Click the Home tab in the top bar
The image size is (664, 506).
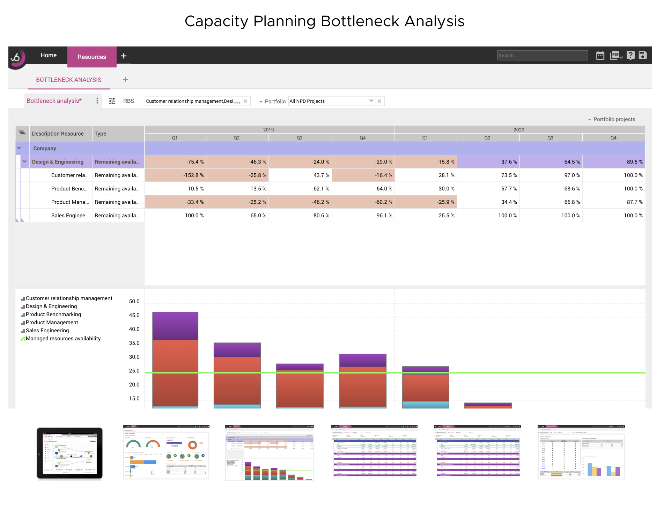click(49, 55)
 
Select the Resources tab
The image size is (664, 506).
click(92, 57)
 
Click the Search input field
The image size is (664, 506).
click(542, 55)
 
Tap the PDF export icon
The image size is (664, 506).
click(615, 55)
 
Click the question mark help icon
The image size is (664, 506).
click(630, 55)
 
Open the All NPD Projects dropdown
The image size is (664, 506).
click(331, 101)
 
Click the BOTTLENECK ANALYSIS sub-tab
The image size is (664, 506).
click(69, 80)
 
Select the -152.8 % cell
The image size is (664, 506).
click(175, 175)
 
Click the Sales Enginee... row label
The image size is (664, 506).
click(70, 215)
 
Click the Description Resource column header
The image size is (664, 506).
click(58, 133)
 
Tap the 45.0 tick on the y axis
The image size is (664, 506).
click(134, 315)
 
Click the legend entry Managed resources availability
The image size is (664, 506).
click(63, 338)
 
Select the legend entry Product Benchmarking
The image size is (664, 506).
click(53, 314)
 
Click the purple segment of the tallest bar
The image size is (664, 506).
click(175, 326)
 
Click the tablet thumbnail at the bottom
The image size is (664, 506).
click(70, 453)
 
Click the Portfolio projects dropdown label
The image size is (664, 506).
click(614, 119)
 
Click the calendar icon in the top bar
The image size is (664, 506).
click(600, 55)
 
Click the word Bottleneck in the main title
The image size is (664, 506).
click(360, 21)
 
